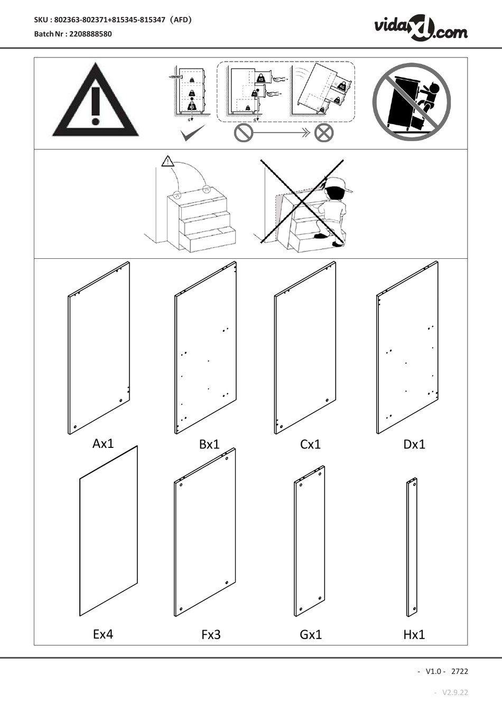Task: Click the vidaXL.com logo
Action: click(x=421, y=27)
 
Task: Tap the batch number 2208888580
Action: click(x=89, y=34)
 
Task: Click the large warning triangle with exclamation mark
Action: click(x=95, y=102)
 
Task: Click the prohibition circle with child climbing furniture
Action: click(x=411, y=102)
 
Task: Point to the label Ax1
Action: click(x=103, y=443)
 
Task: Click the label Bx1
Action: click(x=209, y=444)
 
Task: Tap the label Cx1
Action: click(x=310, y=444)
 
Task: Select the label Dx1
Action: click(x=414, y=444)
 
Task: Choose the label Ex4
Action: click(x=103, y=634)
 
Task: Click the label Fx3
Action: click(x=211, y=634)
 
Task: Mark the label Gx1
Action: click(x=311, y=634)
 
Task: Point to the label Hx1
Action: click(x=414, y=634)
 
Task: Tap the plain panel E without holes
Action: click(x=108, y=531)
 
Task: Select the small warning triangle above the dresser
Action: click(x=168, y=162)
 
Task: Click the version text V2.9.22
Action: click(x=455, y=692)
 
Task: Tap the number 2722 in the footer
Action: click(x=459, y=671)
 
